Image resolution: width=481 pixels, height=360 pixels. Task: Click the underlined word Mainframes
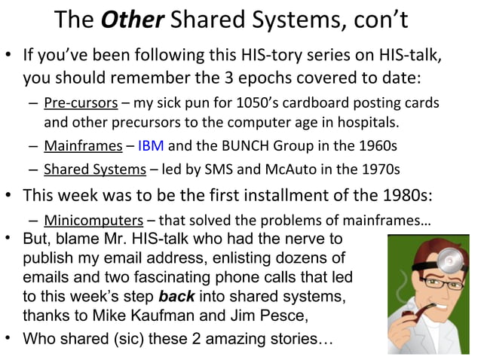[72, 145]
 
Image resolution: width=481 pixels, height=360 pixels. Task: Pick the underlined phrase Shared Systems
[86, 167]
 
